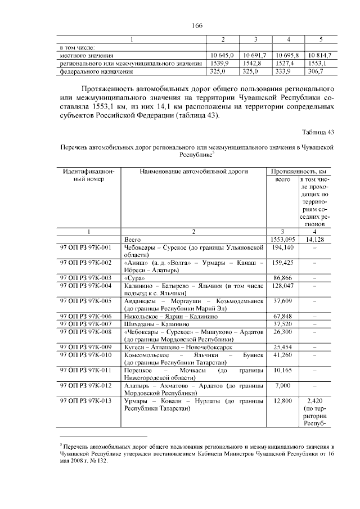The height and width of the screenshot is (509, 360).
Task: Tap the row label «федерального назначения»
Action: pyautogui.click(x=96, y=72)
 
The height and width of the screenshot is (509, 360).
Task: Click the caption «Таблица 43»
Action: pyautogui.click(x=318, y=132)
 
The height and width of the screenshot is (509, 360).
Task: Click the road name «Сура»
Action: pyautogui.click(x=135, y=278)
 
